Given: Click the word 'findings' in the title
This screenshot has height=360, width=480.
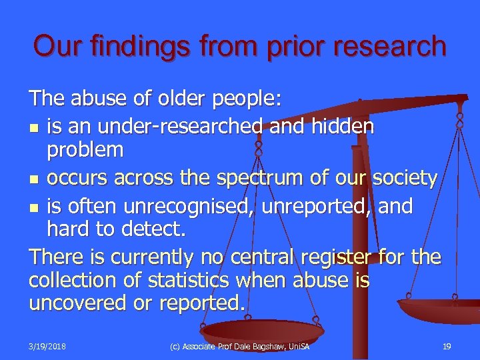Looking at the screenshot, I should point(129,47).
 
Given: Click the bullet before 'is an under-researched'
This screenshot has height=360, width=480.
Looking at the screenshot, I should point(34,127).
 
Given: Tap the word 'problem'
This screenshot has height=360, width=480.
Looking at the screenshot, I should point(85,150).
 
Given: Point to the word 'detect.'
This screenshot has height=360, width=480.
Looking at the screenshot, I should point(155,230).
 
